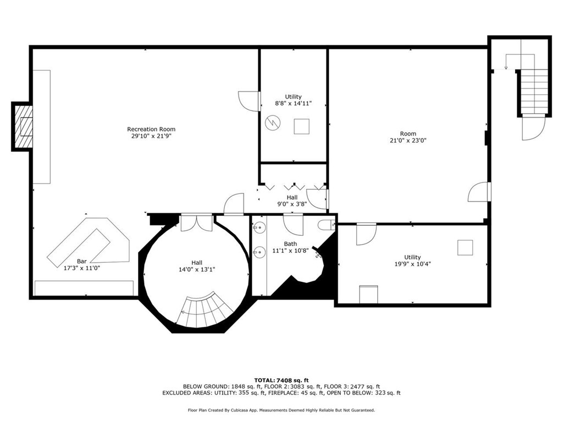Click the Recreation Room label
(x=151, y=129)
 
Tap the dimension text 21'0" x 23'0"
(x=408, y=140)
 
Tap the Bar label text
(x=82, y=262)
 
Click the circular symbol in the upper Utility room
(x=272, y=123)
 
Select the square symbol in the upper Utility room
(x=301, y=127)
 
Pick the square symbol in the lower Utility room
(x=465, y=248)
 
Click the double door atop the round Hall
(x=196, y=222)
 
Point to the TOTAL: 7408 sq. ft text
(x=281, y=380)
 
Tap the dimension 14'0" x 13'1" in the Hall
(x=196, y=269)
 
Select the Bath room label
(x=290, y=244)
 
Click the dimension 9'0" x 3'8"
(x=292, y=204)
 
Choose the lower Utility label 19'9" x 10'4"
(x=412, y=264)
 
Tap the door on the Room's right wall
(x=479, y=192)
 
